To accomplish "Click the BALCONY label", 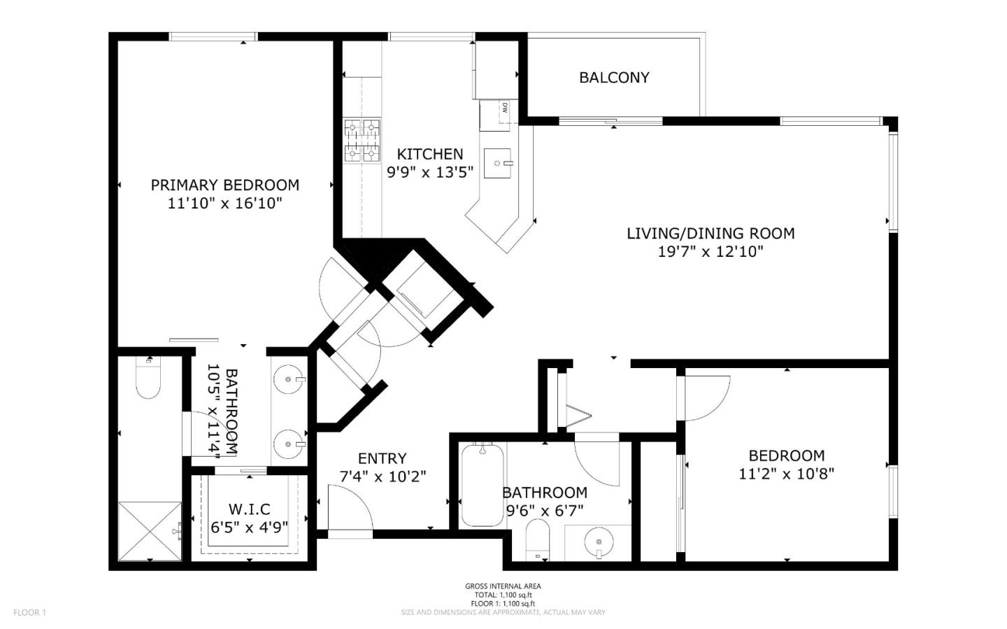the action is (x=614, y=78).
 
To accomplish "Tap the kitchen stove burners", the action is (x=362, y=141).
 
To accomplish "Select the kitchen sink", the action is (x=498, y=163).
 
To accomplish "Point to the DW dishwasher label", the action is (x=505, y=108).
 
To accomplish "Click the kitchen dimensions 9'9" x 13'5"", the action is (x=430, y=172).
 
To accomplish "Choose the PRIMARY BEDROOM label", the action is (x=224, y=185).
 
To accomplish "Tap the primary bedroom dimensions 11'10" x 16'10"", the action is (x=224, y=204).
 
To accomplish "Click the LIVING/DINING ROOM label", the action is (x=710, y=234).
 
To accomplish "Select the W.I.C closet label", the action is (x=250, y=509).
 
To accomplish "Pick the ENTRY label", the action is (x=382, y=458).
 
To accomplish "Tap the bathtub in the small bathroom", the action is (x=483, y=485).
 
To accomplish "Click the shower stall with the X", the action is (x=150, y=531).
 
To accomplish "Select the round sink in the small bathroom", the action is (x=599, y=540).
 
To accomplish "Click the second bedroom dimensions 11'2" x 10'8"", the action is (x=787, y=474).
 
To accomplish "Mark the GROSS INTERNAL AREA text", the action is (x=503, y=586).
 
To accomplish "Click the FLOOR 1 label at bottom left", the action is (x=29, y=612).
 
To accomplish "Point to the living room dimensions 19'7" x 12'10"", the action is (x=710, y=251).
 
